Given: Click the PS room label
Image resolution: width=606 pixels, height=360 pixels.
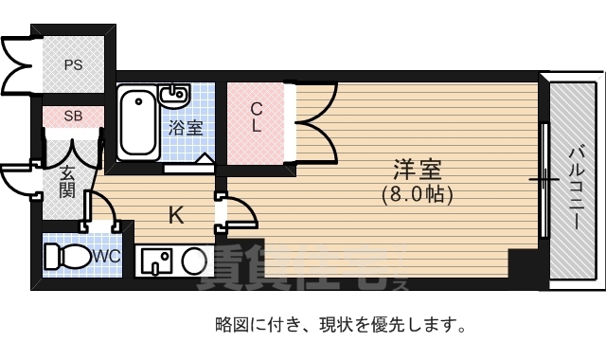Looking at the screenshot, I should pos(72,65).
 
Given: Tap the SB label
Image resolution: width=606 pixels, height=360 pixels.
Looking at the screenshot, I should pos(72,116).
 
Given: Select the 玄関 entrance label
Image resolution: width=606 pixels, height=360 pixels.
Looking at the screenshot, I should pos(67,181).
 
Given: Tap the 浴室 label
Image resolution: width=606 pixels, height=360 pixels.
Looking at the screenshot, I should pos(186,128).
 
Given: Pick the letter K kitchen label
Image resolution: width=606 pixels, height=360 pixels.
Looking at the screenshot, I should pos(175,215).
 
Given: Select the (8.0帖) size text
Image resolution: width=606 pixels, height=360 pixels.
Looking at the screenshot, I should pos(418,196).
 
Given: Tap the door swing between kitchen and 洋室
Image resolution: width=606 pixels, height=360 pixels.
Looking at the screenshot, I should pos(240,213).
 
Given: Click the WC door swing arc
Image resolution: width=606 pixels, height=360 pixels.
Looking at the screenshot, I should pos(100,212).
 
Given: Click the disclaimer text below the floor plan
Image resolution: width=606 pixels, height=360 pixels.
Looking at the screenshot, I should pos(340,326).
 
